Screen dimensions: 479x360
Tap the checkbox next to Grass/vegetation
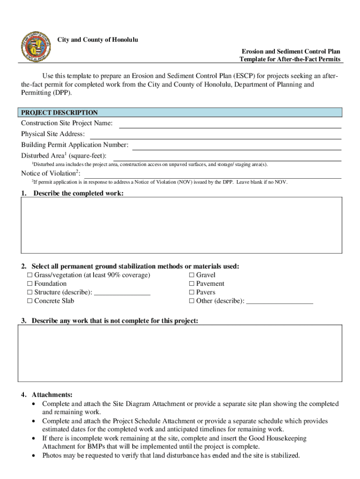point(30,275)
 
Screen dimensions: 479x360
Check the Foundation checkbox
point(30,284)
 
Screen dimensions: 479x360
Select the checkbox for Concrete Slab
point(30,301)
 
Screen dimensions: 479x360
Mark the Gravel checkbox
point(191,275)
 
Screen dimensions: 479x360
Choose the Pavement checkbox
point(191,284)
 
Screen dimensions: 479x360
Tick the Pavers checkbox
point(191,292)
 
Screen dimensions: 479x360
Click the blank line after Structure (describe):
point(122,293)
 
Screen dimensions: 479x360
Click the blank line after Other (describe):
point(279,302)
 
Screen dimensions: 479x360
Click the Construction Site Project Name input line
point(230,124)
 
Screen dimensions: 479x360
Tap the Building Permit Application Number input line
point(237,146)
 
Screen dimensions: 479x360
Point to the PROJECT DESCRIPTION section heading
point(59,113)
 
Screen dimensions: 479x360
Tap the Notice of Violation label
point(50,174)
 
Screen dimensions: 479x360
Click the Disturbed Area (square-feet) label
point(64,156)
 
